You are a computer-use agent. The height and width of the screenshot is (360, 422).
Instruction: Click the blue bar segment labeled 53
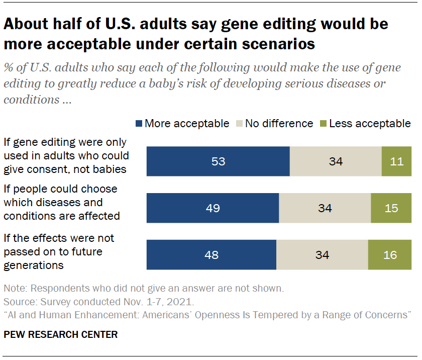[x=218, y=161]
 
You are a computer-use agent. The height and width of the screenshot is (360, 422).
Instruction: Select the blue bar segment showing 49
[x=213, y=208]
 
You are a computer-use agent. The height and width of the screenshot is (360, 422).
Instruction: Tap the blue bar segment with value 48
[x=211, y=255]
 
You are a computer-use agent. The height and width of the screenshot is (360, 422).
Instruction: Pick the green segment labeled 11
[x=396, y=161]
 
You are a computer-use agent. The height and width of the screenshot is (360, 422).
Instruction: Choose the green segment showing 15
[x=391, y=208]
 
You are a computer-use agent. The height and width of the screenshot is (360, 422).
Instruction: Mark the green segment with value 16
[x=389, y=255]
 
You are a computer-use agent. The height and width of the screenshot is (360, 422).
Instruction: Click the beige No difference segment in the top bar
[x=336, y=161]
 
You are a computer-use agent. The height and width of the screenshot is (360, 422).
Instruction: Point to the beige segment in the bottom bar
[x=322, y=255]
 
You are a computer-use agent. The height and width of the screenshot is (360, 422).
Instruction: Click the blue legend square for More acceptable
[x=139, y=124]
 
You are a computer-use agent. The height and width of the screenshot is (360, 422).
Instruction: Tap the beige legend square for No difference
[x=239, y=124]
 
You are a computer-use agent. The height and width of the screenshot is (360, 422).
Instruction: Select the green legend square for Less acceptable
[x=323, y=124]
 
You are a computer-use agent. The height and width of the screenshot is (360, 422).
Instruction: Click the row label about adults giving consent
[x=66, y=156]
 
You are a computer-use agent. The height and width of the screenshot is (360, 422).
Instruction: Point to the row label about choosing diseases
[x=61, y=203]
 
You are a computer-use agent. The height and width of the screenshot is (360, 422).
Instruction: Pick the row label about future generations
[x=59, y=251]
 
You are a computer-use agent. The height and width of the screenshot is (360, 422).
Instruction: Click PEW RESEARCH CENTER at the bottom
[x=61, y=334]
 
